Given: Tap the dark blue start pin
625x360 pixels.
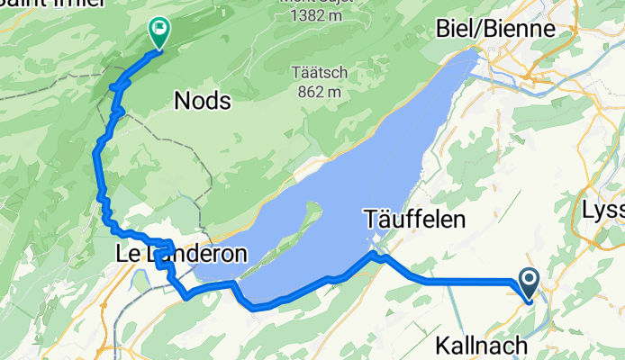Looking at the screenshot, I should (x=528, y=283).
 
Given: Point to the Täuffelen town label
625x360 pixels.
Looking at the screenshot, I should (x=414, y=219).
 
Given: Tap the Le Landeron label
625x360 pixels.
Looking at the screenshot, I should (x=181, y=255).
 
